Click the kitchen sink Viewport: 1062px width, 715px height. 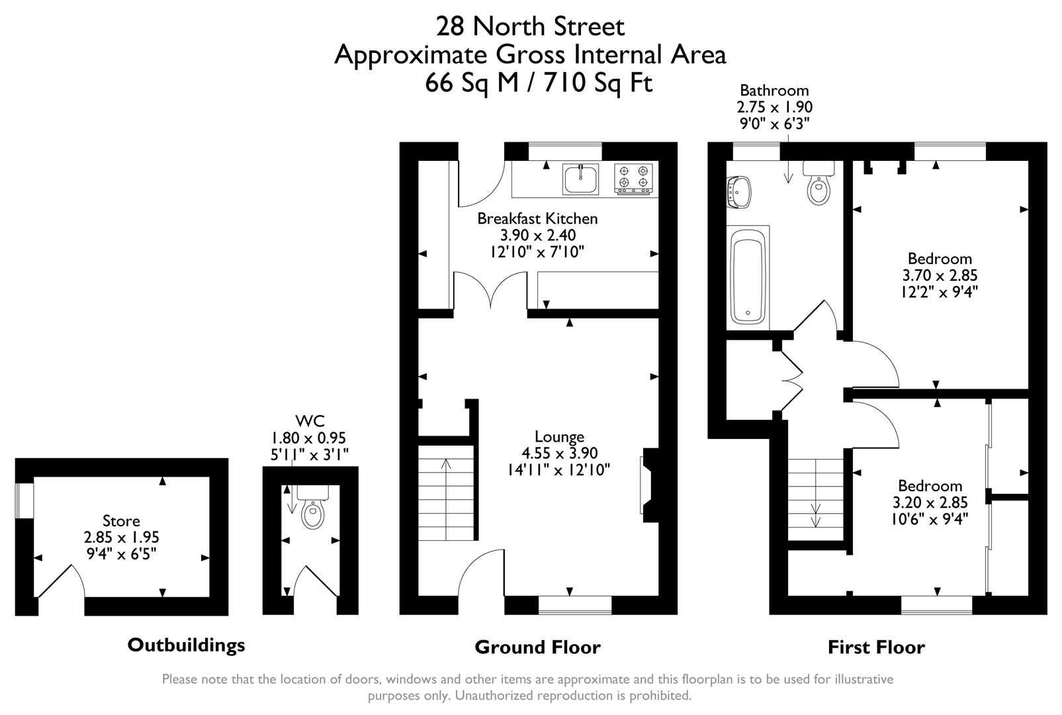tap(580, 179)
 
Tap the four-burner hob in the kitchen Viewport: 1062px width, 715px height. tap(633, 179)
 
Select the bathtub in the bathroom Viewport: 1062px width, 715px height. tap(748, 277)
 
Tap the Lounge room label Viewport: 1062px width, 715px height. tap(559, 437)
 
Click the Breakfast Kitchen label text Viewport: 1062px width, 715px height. tap(537, 218)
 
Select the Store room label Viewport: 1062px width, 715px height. tap(121, 521)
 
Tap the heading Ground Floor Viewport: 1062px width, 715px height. tap(537, 647)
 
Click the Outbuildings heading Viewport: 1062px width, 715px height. tap(186, 645)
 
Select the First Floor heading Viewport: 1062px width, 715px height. tap(876, 647)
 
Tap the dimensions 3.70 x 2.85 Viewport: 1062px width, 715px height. tap(940, 275)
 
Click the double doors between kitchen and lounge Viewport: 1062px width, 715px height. tap(490, 291)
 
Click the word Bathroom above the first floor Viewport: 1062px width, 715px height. tap(774, 91)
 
